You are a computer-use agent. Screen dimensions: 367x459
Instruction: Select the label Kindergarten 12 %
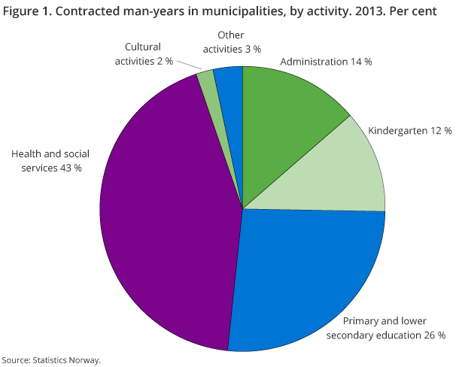409,130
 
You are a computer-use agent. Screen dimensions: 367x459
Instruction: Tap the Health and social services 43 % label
46,161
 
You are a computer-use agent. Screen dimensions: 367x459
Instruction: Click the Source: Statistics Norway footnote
51,360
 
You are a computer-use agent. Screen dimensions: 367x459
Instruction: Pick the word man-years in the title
141,12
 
